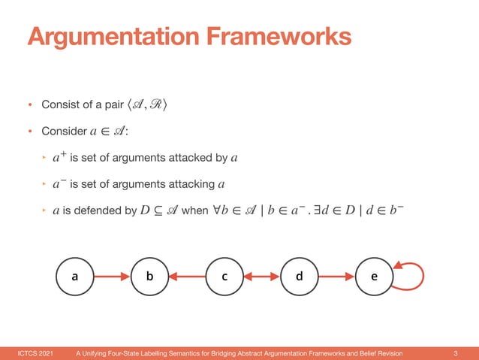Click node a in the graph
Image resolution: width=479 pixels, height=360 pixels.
click(74, 276)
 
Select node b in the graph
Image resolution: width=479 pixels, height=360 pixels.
click(149, 276)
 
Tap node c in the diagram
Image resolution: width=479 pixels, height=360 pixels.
click(224, 276)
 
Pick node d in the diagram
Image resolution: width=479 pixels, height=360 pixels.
click(300, 276)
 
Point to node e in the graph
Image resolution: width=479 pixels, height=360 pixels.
click(375, 276)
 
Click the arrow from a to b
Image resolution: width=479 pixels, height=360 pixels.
click(112, 276)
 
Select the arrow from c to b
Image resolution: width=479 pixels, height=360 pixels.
click(187, 276)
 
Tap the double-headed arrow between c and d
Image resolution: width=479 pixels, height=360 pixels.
click(262, 276)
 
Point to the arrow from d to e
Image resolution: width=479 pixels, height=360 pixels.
click(337, 276)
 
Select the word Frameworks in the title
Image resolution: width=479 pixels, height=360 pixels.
click(275, 36)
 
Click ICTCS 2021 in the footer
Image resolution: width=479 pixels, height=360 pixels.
click(35, 352)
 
